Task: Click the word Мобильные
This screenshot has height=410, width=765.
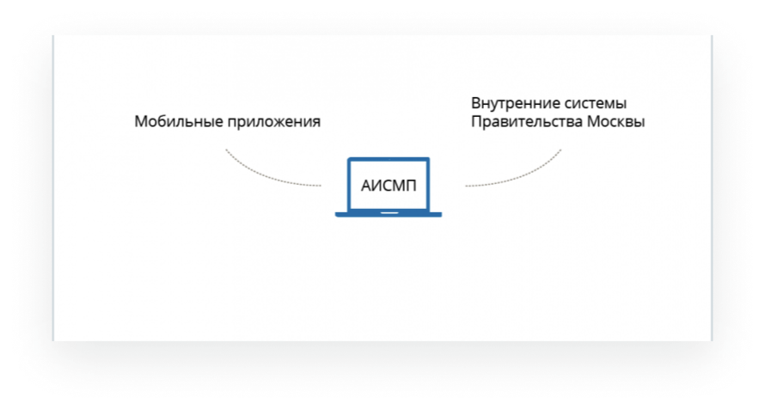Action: click(x=179, y=121)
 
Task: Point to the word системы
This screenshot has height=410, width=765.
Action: click(x=596, y=104)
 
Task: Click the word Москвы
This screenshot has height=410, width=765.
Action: click(x=616, y=121)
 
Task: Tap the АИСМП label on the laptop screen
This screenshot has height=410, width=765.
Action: click(x=389, y=186)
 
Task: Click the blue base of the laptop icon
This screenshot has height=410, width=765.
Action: click(x=389, y=214)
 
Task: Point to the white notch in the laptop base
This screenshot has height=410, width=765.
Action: click(x=389, y=213)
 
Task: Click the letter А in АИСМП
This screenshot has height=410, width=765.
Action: click(x=367, y=186)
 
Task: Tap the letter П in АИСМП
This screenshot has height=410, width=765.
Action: click(x=411, y=186)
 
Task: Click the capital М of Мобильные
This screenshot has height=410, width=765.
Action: click(x=142, y=121)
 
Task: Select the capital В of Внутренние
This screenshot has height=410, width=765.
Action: click(x=476, y=103)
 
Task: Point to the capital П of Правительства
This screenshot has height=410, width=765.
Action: click(x=477, y=121)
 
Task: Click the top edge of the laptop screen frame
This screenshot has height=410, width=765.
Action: click(x=389, y=159)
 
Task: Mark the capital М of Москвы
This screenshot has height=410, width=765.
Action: click(x=594, y=121)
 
